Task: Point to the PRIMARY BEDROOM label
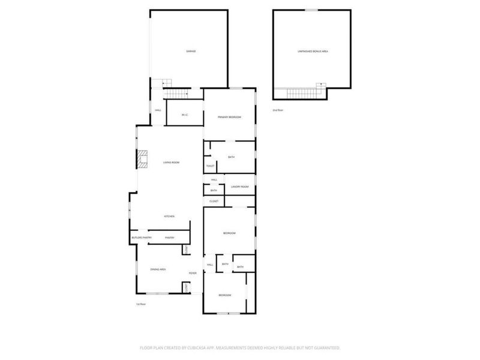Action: (229, 117)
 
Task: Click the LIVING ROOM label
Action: (171, 163)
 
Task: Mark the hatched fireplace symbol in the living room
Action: (142, 159)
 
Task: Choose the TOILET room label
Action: (210, 166)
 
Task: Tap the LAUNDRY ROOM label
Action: (239, 187)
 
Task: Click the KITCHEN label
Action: (170, 217)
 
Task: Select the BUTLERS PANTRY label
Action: (142, 238)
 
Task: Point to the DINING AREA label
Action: (158, 270)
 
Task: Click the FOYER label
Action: (193, 274)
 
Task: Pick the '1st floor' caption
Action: (140, 304)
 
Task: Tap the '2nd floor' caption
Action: (277, 110)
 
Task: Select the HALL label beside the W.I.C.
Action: (158, 110)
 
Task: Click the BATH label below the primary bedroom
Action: (231, 157)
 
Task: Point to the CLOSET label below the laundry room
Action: (214, 201)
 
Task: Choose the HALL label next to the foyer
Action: (210, 265)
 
